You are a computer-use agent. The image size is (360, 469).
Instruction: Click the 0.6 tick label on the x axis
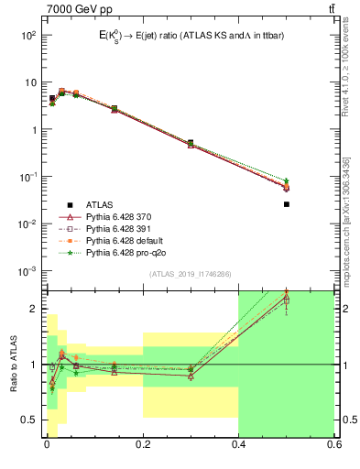[x=333, y=446]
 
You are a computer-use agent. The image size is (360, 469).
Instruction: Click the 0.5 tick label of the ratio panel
[x=27, y=420]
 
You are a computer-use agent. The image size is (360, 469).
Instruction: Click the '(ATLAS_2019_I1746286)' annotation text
[x=189, y=275]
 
